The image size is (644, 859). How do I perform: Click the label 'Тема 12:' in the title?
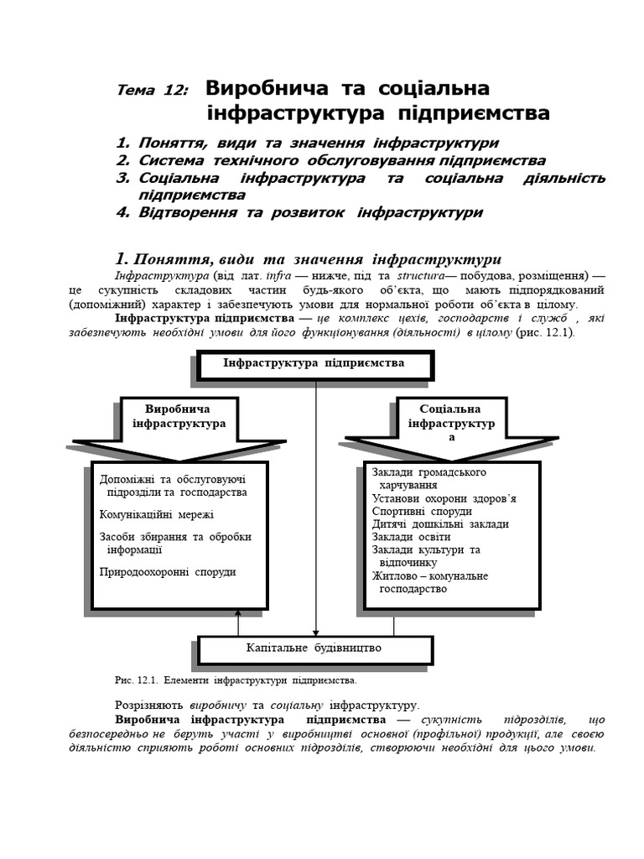pos(153,91)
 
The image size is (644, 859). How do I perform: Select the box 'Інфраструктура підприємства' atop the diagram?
pos(314,363)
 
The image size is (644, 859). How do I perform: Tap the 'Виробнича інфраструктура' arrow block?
pos(177,417)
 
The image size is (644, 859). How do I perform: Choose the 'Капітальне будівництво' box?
pos(314,648)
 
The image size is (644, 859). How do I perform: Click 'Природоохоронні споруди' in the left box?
pos(168,571)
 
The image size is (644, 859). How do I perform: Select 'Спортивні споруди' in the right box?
pos(422,511)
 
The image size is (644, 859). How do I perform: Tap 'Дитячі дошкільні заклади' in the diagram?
pos(440,523)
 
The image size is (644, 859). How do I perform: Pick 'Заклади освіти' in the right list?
pos(411,537)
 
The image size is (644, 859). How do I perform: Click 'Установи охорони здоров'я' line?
pos(444,498)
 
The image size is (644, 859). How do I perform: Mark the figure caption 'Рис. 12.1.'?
pos(134,679)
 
